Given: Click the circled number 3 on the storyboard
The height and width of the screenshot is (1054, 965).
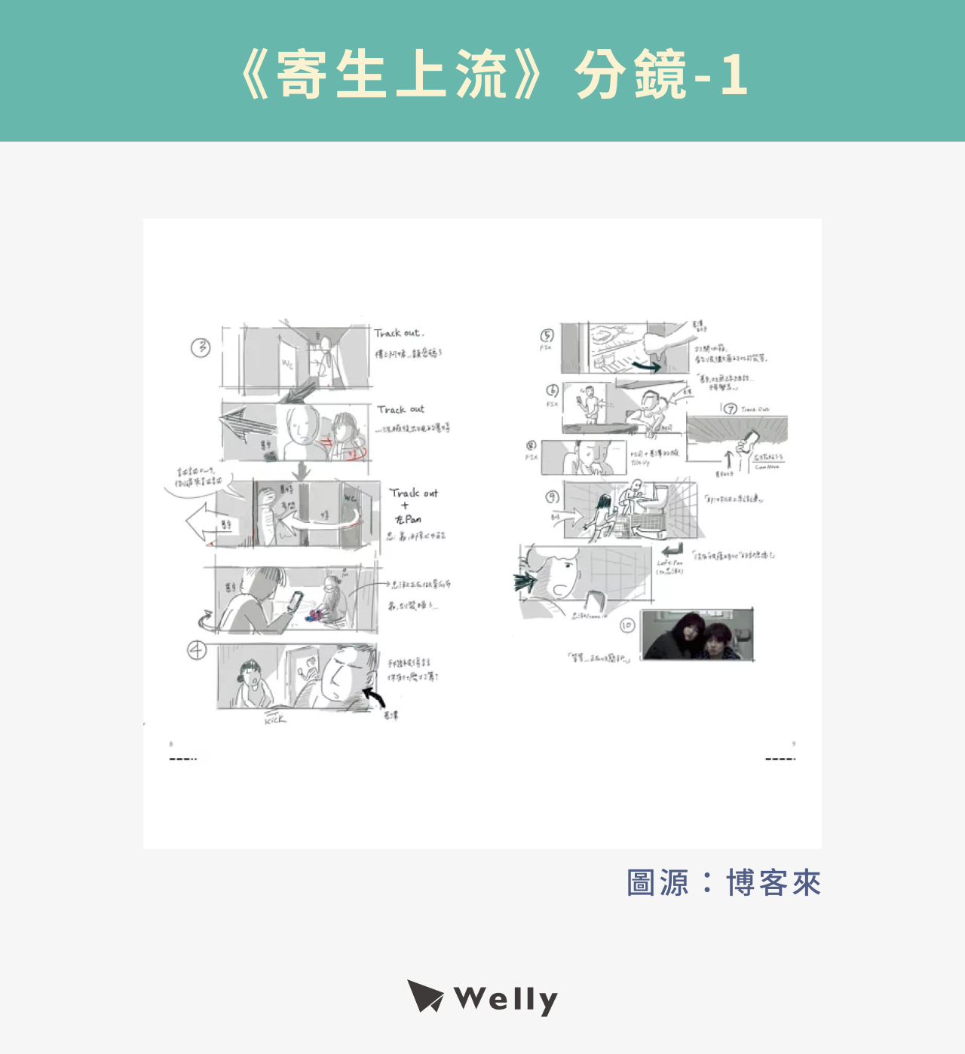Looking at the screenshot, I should [201, 347].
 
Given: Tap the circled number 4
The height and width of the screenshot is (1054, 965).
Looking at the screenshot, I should [197, 650].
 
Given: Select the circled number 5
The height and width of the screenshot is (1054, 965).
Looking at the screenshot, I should [547, 335].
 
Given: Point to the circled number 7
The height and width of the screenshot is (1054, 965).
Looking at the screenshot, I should [731, 409].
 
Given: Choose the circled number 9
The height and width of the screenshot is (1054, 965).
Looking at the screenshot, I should [553, 497].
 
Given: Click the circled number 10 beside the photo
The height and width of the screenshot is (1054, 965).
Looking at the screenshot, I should [627, 625].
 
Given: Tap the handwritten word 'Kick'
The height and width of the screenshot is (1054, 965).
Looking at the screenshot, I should [275, 719].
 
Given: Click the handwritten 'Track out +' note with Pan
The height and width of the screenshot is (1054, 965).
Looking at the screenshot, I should [412, 506].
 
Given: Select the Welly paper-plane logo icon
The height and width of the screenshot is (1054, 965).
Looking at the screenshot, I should [425, 997].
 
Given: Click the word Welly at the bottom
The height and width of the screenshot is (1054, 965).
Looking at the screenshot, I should [506, 1000].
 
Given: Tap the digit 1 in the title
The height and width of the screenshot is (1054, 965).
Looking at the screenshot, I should [734, 75].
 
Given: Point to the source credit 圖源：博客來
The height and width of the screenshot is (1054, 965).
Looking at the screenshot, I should [724, 883].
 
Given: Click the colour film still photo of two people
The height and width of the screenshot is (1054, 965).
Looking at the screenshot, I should [697, 635].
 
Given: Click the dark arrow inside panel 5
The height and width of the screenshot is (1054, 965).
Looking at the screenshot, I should [646, 366].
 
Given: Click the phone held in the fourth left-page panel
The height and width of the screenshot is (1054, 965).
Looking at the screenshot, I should [296, 601].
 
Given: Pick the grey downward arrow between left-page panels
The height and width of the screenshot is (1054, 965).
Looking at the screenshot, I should [302, 471].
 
